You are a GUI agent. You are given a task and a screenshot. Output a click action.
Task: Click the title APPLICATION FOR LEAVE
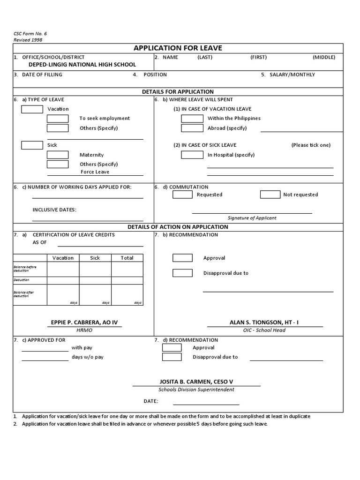tap(178, 48)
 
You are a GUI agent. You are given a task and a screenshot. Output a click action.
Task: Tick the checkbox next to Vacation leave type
tap(32, 109)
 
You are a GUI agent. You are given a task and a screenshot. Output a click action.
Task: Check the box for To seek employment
tap(58, 119)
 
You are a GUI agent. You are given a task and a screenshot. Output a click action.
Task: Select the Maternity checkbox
tap(58, 155)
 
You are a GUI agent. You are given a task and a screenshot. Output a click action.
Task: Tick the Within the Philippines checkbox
tap(192, 119)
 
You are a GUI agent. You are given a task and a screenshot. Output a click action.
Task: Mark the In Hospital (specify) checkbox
tap(192, 155)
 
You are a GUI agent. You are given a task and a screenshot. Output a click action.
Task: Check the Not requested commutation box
tap(270, 195)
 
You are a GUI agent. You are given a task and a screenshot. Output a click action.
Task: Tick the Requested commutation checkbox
tap(182, 195)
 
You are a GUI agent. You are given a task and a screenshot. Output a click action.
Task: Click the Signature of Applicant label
tap(252, 218)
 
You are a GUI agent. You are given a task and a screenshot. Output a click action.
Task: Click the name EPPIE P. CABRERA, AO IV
tap(84, 322)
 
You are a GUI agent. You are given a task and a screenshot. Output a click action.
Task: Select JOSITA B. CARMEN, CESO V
tap(196, 382)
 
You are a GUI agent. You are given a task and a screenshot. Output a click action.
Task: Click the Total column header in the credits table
tap(127, 258)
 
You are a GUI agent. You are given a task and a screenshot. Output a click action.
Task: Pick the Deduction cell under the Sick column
tap(95, 280)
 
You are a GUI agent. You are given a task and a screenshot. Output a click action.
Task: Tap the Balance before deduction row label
tap(25, 269)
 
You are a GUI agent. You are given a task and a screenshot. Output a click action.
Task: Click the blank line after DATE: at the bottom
tap(206, 401)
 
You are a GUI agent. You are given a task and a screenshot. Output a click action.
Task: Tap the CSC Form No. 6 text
tap(30, 34)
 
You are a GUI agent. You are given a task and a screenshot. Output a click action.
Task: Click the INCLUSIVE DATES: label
tap(54, 210)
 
